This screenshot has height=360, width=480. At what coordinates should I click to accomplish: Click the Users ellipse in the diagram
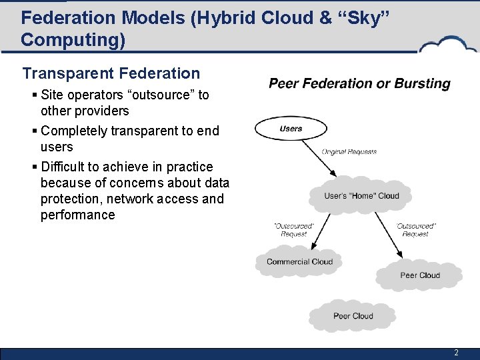click(x=291, y=129)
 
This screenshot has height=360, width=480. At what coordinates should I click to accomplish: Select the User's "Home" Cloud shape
click(x=361, y=195)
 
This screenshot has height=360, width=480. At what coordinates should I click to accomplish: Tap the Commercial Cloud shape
click(x=299, y=261)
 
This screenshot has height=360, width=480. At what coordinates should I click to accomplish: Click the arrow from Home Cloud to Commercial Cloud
click(x=308, y=230)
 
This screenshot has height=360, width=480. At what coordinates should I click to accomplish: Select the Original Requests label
click(x=349, y=151)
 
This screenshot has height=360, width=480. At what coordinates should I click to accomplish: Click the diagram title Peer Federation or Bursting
click(x=359, y=84)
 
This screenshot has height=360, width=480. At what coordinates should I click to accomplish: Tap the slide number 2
click(x=456, y=353)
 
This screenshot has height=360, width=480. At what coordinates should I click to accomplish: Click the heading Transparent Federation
click(x=111, y=73)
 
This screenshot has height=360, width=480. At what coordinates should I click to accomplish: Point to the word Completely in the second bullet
click(x=74, y=131)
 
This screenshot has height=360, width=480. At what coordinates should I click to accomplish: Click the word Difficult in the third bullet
click(x=65, y=167)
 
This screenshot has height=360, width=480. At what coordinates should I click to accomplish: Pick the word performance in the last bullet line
click(x=77, y=215)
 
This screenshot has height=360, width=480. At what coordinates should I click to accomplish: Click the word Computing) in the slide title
click(x=73, y=40)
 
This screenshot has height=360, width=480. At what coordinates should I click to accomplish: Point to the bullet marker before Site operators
click(x=33, y=95)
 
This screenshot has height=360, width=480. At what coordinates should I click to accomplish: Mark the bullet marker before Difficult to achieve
click(x=33, y=167)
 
